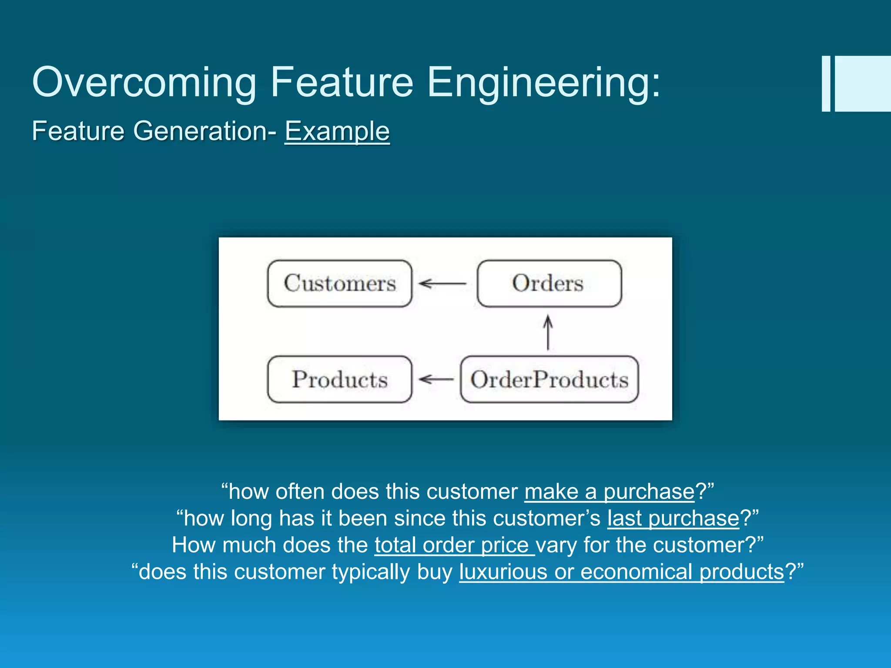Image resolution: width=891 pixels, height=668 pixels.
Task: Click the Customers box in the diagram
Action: click(339, 284)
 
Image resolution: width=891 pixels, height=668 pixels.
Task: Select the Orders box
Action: click(549, 284)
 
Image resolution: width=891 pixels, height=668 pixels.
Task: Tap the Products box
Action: click(339, 379)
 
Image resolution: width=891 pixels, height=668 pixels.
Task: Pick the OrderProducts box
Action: click(549, 379)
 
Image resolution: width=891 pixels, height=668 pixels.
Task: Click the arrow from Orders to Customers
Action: click(443, 284)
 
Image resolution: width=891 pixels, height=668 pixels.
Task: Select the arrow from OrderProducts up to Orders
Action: click(548, 333)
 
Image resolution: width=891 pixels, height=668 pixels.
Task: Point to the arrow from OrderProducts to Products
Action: click(436, 379)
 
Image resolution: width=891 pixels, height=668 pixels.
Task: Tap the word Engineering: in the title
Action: click(544, 83)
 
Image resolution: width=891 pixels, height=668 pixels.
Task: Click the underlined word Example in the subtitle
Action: click(337, 131)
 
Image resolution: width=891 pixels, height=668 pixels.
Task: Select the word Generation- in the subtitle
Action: click(204, 131)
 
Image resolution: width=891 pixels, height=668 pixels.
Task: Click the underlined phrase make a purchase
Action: click(609, 492)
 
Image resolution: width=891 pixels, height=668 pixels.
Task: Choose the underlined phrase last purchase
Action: click(673, 518)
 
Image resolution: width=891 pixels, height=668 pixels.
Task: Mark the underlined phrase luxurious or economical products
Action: click(621, 572)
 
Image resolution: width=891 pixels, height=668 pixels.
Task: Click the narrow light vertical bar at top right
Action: click(826, 83)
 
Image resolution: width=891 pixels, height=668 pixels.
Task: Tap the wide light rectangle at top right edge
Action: click(863, 83)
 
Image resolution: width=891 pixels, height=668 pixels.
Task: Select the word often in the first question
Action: click(300, 492)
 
